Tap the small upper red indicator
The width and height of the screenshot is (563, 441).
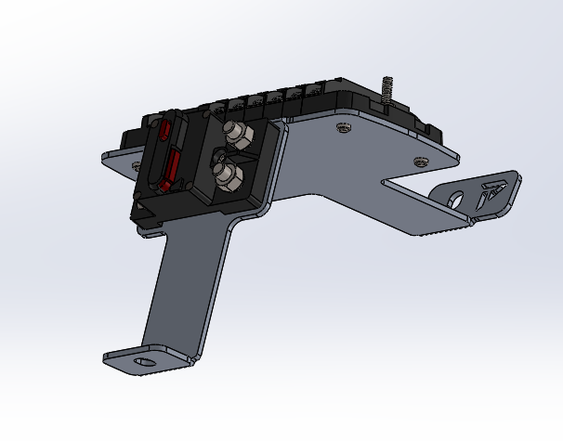pyautogui.click(x=164, y=131)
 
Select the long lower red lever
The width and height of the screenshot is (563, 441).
pyautogui.click(x=171, y=170)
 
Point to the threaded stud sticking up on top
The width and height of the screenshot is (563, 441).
pyautogui.click(x=386, y=90)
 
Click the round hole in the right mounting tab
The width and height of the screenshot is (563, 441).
pyautogui.click(x=455, y=198)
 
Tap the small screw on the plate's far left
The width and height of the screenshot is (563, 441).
pyautogui.click(x=138, y=165)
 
